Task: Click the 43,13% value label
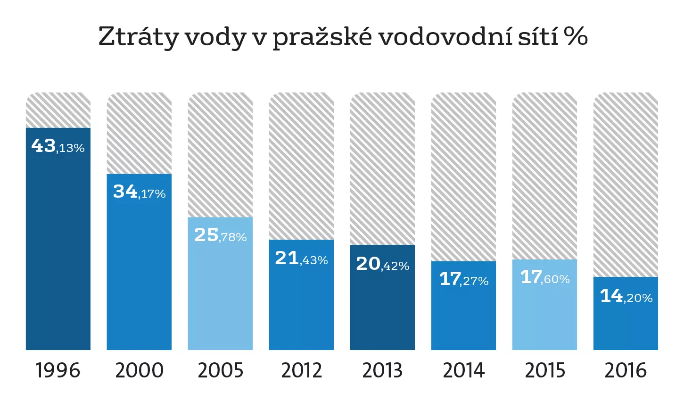(x=58, y=146)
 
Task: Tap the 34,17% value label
(x=139, y=192)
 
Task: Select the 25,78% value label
(x=220, y=235)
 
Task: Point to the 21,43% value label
(x=301, y=259)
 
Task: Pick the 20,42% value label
(x=382, y=264)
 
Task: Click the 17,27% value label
(x=464, y=279)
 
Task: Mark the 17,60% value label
(x=545, y=277)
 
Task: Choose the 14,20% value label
(x=626, y=296)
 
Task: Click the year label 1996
(x=58, y=371)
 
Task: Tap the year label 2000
(x=139, y=371)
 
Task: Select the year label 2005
(x=220, y=371)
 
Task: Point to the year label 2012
(x=301, y=371)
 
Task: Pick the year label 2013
(x=382, y=371)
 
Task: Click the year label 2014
(x=464, y=371)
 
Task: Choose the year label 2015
(x=545, y=371)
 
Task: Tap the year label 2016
(x=626, y=371)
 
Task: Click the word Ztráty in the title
(x=138, y=37)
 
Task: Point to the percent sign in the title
(x=576, y=36)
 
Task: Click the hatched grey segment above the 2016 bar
(x=626, y=184)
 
